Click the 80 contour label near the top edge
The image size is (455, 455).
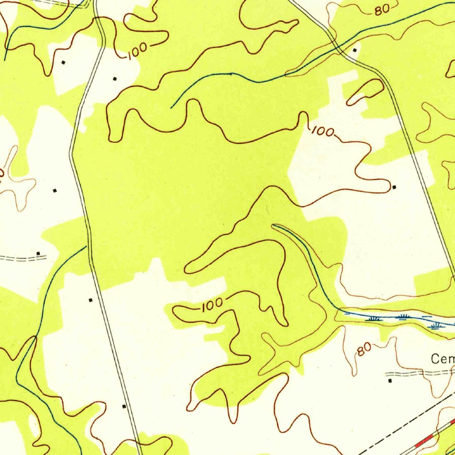382,9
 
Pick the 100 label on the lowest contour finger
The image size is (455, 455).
212,305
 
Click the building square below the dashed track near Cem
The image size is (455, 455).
390,381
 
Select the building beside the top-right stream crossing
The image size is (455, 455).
355,50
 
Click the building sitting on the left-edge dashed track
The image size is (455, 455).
38,254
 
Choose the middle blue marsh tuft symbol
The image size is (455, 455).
403,317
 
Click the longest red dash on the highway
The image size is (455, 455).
424,441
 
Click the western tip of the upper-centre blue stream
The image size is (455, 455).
172,108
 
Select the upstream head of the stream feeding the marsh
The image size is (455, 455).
273,225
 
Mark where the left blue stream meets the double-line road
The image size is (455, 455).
86,247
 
